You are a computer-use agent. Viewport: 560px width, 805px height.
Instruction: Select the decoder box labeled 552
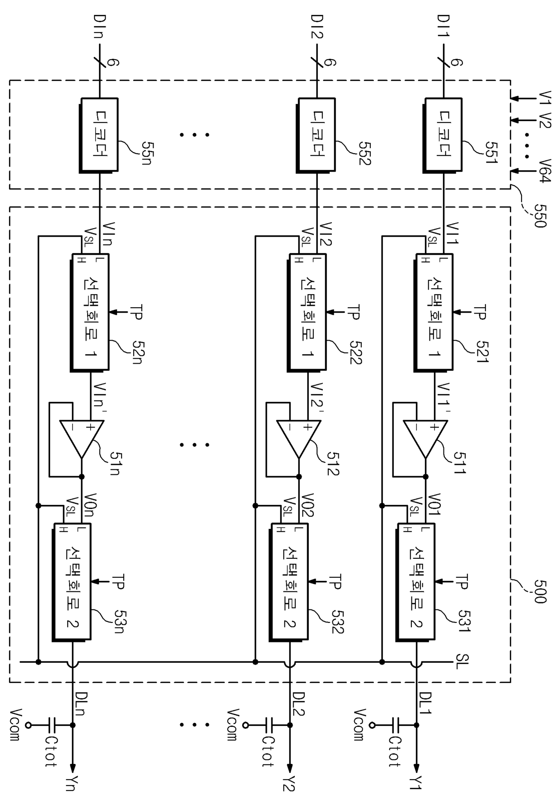(316, 135)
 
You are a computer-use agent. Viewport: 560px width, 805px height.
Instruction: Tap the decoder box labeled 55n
(99, 135)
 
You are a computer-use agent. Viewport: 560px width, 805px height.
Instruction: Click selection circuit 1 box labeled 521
(434, 313)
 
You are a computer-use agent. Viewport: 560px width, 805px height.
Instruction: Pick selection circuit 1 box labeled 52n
(90, 313)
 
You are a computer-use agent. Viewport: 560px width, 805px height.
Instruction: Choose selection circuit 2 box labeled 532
(289, 582)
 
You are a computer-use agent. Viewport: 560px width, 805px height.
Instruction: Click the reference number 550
(540, 215)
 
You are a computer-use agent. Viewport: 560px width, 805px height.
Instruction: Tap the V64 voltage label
(545, 170)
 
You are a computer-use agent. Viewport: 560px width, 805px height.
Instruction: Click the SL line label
(462, 662)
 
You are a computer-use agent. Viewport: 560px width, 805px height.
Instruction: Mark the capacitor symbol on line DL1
(396, 725)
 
